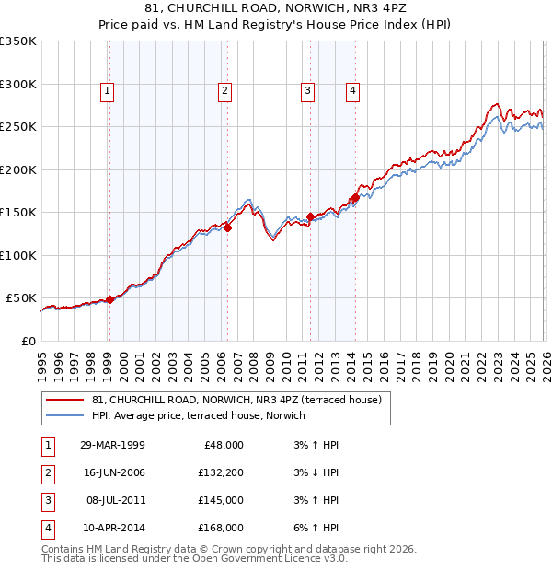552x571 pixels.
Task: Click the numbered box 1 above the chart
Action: click(x=108, y=90)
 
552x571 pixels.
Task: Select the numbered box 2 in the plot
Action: click(x=224, y=90)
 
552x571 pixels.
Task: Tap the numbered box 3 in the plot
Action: click(x=306, y=90)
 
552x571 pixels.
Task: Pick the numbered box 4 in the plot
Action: click(x=352, y=90)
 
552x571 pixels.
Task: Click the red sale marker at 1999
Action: click(x=109, y=299)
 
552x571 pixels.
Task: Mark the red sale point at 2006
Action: click(x=227, y=228)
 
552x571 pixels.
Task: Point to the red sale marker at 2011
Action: click(x=310, y=216)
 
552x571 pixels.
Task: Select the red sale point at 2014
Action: click(x=355, y=197)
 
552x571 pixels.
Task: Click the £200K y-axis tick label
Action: click(x=17, y=169)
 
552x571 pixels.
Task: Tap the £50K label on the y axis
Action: click(x=21, y=298)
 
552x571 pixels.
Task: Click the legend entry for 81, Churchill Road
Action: click(x=242, y=399)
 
